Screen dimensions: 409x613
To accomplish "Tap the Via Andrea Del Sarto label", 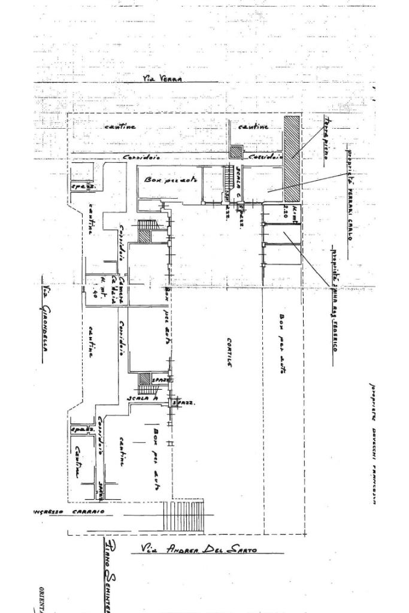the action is pos(199,548).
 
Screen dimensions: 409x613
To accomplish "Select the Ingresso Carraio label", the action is pos(70,512).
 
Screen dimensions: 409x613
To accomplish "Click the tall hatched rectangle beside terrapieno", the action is pos(292,158).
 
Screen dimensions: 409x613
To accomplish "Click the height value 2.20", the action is pos(285,211).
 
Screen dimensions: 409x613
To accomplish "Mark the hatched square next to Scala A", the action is pos(144,378).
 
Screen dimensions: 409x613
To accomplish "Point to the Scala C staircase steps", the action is pos(228,180).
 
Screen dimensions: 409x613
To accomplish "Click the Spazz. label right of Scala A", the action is pos(178,403).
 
